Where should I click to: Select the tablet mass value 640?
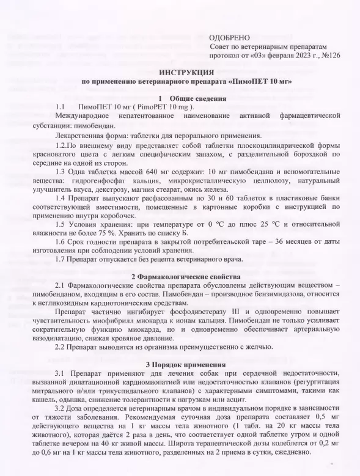[155, 172]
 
